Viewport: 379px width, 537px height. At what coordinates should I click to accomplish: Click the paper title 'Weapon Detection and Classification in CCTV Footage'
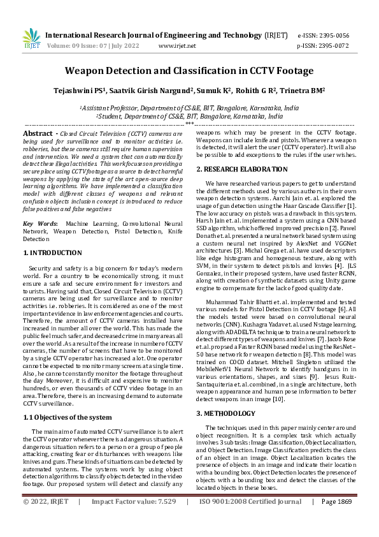coord(189,71)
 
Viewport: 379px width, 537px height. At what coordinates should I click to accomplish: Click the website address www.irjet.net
coord(176,46)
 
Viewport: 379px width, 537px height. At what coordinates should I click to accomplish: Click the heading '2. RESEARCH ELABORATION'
coord(241,169)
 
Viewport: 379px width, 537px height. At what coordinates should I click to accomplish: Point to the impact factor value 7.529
coord(163,520)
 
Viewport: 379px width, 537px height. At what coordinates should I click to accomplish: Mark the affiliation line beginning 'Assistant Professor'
coord(189,108)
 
